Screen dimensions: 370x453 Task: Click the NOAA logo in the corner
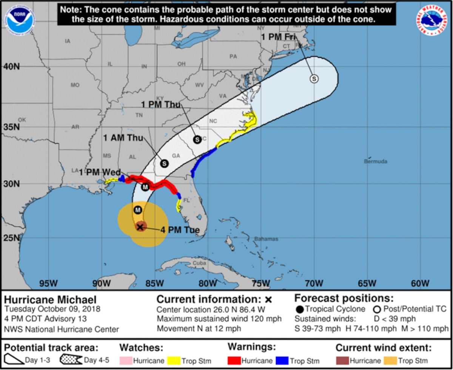tap(20, 20)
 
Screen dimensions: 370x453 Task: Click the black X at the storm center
tap(140, 227)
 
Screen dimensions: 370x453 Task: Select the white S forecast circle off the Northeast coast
tap(314, 79)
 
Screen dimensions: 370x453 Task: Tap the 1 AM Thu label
tap(123, 138)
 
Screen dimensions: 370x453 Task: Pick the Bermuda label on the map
tap(376, 161)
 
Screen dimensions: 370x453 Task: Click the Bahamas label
tap(266, 239)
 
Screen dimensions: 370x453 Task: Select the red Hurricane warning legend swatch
tap(234, 361)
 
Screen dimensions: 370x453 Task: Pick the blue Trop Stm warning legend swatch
tap(284, 361)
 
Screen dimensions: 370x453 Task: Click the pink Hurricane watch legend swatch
tap(126, 361)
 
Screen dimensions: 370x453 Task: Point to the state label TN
tap(139, 115)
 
